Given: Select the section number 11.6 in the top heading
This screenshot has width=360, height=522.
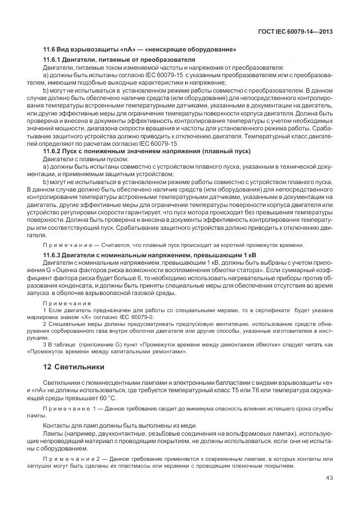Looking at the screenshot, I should [49, 50].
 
